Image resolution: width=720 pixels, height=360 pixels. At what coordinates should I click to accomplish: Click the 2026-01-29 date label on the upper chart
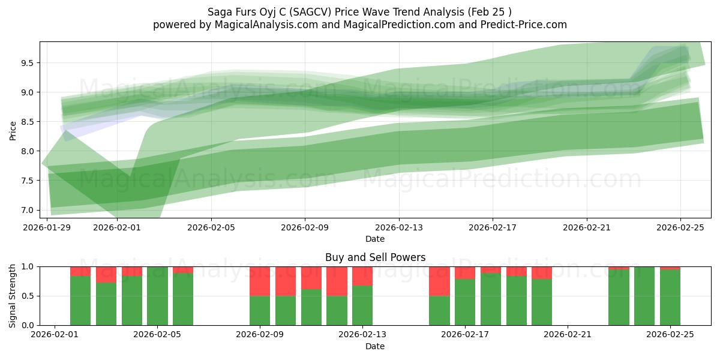[x=47, y=228]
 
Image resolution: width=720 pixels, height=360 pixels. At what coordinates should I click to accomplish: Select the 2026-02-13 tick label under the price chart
[x=399, y=228]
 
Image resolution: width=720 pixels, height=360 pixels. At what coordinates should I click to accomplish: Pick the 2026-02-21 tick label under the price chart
[x=587, y=228]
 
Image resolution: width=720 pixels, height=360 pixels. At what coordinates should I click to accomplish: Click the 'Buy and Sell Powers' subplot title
[x=375, y=257]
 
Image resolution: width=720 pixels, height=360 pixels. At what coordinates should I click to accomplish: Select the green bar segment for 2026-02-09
[x=260, y=310]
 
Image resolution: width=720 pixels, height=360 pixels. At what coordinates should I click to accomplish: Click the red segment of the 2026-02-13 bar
[x=362, y=275]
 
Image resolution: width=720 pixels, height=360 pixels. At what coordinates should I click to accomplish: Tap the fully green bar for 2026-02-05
[x=157, y=296]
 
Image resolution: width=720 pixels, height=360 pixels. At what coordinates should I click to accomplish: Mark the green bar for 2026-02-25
[x=670, y=298]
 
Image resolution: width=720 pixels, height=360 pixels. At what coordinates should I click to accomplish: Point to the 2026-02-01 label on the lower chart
[x=55, y=334]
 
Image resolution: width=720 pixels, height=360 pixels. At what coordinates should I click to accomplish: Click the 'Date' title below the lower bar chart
[x=375, y=346]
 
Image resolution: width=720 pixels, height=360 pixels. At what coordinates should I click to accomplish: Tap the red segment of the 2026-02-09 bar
[x=260, y=281]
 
